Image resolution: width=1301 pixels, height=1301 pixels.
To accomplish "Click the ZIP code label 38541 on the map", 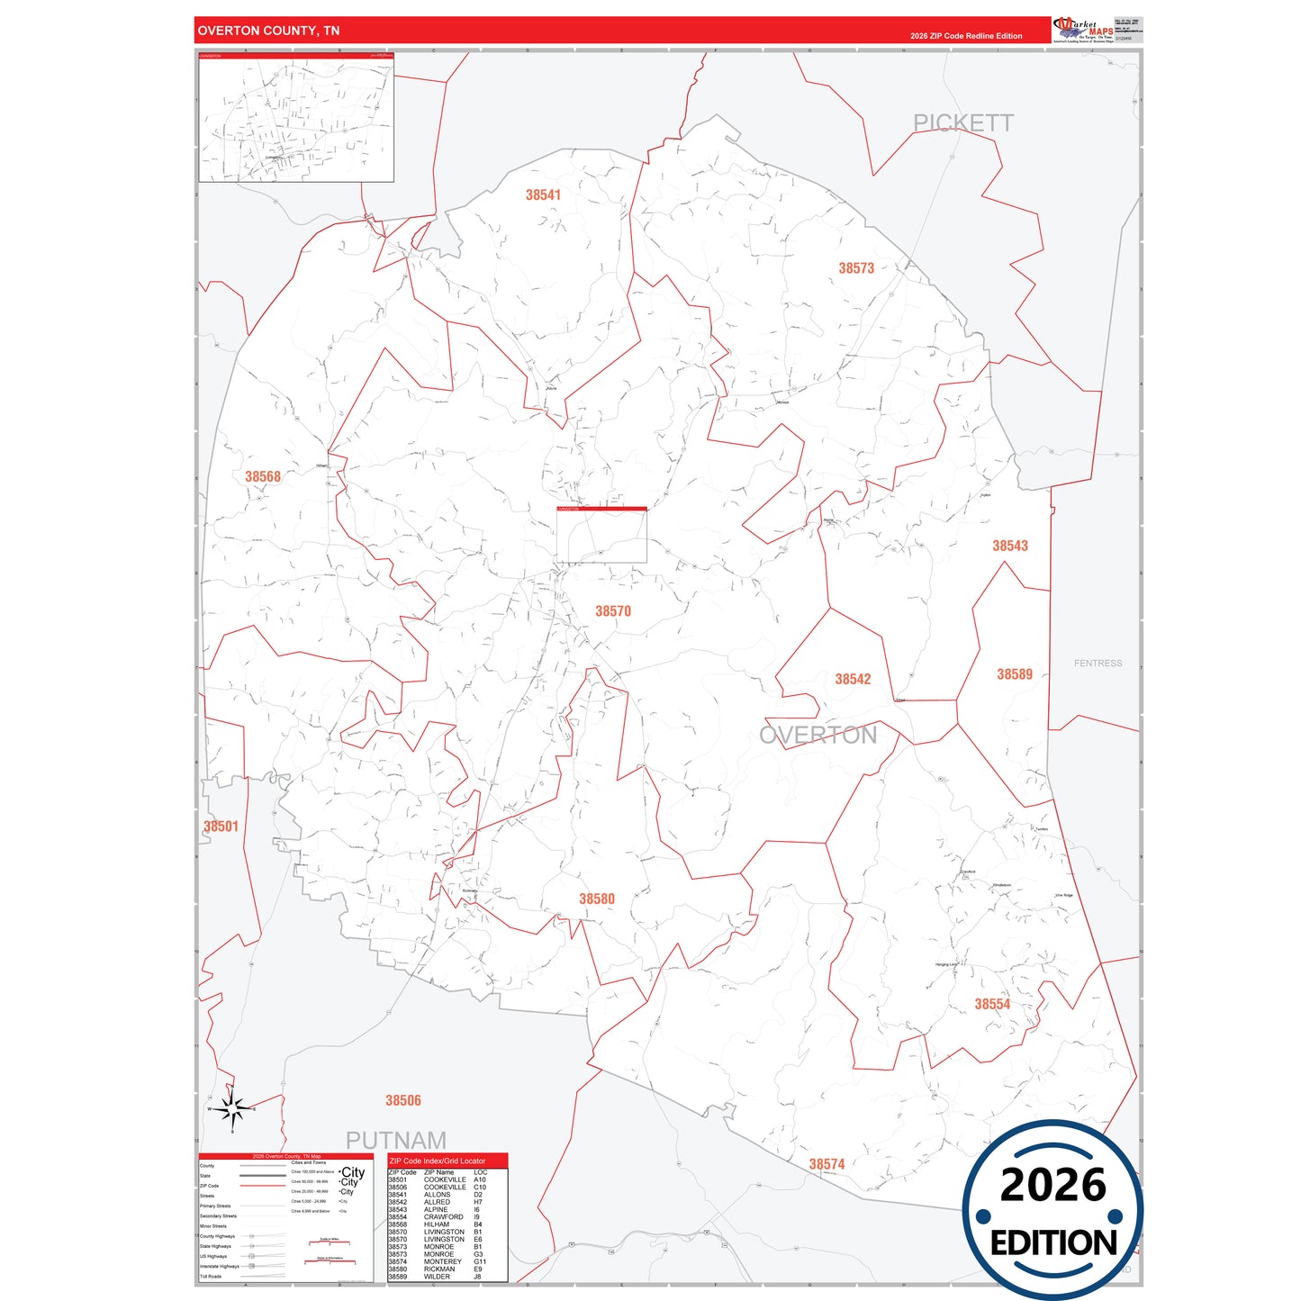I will point(543,194).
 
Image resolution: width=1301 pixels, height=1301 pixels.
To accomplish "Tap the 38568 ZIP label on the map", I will point(263,476).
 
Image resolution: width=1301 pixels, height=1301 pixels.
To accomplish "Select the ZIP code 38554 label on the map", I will point(992,1004).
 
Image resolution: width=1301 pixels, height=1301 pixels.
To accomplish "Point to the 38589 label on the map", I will point(1015,674).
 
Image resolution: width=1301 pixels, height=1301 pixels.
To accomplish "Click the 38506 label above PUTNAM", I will point(403,1100).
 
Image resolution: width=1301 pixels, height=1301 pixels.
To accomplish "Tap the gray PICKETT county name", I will point(963,123).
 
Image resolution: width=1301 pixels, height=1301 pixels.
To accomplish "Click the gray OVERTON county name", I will point(818,736).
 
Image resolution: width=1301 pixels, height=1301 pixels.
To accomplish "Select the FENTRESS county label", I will point(1098,664).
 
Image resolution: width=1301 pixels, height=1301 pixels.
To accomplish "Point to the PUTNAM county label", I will point(396,1141).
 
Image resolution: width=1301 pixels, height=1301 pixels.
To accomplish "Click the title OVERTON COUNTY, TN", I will point(268,31).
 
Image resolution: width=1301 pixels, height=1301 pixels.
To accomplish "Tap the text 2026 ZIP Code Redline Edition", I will point(966,36).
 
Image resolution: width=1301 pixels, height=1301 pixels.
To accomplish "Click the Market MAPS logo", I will point(1083,30).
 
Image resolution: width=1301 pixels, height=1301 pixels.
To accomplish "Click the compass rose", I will point(233,1109).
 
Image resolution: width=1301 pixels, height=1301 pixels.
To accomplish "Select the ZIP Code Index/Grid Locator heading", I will point(438,1161).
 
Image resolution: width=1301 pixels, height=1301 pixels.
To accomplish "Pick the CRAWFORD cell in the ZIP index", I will point(443,1217).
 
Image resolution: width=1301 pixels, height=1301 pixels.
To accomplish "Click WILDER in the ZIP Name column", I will point(438,1277).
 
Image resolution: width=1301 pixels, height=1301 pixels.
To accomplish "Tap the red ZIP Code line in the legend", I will point(262,1186).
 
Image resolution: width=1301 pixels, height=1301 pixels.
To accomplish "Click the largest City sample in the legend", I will point(352,1172).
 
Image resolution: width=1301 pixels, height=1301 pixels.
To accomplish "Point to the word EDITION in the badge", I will point(1053,1243).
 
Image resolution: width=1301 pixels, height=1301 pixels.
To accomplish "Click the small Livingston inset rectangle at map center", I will point(601,536).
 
